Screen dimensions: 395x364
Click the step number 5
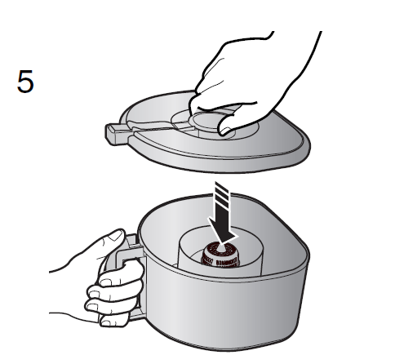25,81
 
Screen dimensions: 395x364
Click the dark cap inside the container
220,255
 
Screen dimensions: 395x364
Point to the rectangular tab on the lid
117,134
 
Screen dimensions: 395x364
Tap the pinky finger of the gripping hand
113,320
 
